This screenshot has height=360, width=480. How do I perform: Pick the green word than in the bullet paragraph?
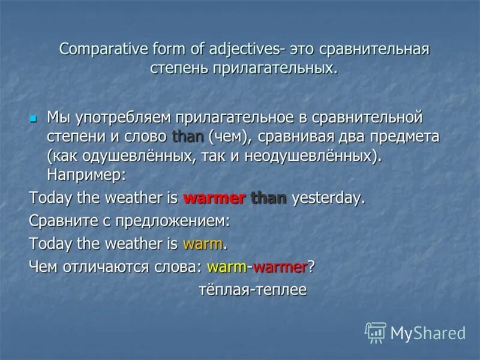[x=188, y=136]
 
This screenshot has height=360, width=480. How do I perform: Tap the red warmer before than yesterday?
[x=214, y=199]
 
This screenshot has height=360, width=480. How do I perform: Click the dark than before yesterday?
[x=269, y=199]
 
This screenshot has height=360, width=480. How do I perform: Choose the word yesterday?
[x=328, y=199]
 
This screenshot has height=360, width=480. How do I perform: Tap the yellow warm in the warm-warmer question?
[x=227, y=266]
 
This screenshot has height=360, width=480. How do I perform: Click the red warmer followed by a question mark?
[x=280, y=266]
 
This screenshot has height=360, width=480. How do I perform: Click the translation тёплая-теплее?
[x=253, y=290]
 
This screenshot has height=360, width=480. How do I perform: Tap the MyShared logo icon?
[x=376, y=332]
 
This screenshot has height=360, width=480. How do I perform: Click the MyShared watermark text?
[x=428, y=333]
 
